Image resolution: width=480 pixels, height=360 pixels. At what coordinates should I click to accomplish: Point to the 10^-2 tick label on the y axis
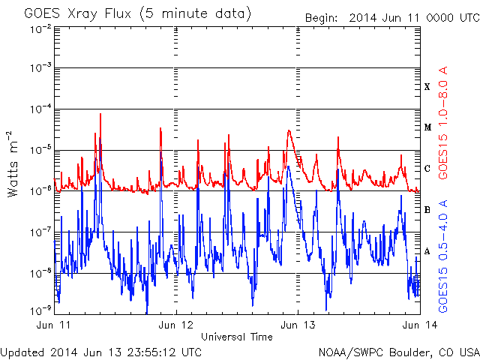pyautogui.click(x=41, y=28)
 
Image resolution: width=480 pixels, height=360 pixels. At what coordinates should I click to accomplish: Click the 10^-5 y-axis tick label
pyautogui.click(x=41, y=151)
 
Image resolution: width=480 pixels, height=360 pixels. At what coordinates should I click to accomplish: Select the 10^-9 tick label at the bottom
pyautogui.click(x=41, y=309)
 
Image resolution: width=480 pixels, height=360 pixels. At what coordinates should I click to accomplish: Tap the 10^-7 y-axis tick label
pyautogui.click(x=41, y=232)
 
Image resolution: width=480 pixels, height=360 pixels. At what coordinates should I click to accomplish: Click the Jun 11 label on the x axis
pyautogui.click(x=55, y=326)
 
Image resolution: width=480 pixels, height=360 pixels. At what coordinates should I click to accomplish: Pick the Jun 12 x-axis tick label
pyautogui.click(x=176, y=326)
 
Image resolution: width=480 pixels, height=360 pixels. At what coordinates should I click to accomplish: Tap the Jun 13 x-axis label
pyautogui.click(x=298, y=326)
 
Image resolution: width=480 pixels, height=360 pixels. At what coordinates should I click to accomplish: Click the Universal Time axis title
pyautogui.click(x=237, y=337)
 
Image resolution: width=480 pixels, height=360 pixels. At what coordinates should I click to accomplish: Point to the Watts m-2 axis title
pyautogui.click(x=14, y=163)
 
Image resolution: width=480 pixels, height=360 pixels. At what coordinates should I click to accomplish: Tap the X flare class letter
pyautogui.click(x=427, y=87)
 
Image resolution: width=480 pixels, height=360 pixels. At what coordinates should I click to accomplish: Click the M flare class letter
pyautogui.click(x=427, y=127)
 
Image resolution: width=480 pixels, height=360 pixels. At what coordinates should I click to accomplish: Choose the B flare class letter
pyautogui.click(x=427, y=210)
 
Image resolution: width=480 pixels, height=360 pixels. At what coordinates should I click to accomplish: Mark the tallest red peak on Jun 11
pyautogui.click(x=100, y=115)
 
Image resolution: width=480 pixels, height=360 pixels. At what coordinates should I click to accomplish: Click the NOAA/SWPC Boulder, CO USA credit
pyautogui.click(x=397, y=351)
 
